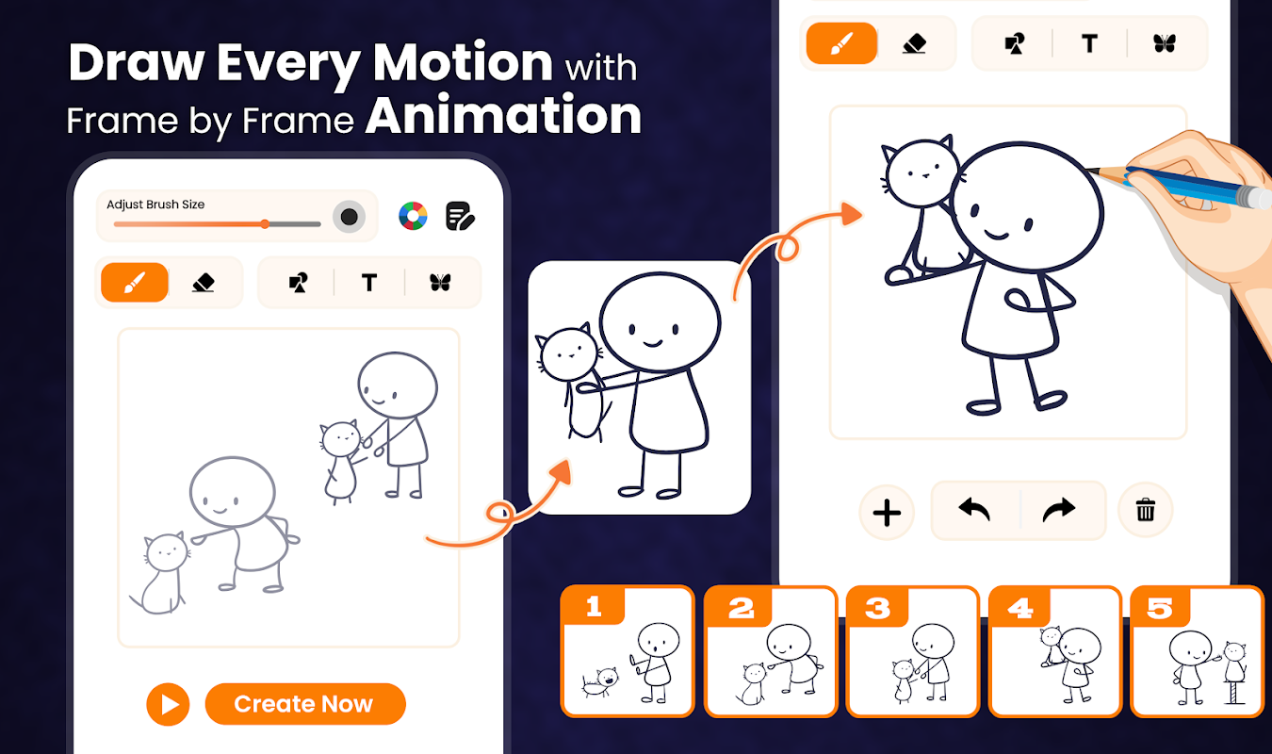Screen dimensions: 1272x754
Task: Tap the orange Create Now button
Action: (x=305, y=704)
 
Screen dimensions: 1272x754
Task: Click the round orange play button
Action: (x=168, y=705)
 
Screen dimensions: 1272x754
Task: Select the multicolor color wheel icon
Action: (x=413, y=216)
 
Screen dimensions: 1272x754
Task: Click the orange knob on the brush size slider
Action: (x=265, y=224)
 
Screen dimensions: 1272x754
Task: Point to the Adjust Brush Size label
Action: (x=155, y=205)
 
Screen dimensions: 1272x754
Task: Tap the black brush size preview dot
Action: (x=349, y=217)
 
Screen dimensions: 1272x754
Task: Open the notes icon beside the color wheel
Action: (x=460, y=216)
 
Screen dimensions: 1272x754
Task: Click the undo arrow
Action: (x=974, y=509)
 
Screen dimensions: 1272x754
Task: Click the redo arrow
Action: (x=1059, y=510)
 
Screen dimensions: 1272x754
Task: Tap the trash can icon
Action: (x=1146, y=510)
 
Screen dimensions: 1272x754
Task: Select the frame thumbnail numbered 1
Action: (x=628, y=651)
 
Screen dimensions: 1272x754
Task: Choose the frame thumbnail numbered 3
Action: (x=913, y=651)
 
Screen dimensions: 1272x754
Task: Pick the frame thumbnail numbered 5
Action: (x=1197, y=651)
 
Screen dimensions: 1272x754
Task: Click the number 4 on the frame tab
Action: (x=1020, y=609)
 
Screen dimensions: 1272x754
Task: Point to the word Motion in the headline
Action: (x=463, y=62)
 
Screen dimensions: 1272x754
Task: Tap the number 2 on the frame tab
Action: (x=742, y=609)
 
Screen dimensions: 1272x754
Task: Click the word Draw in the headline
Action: (x=137, y=62)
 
